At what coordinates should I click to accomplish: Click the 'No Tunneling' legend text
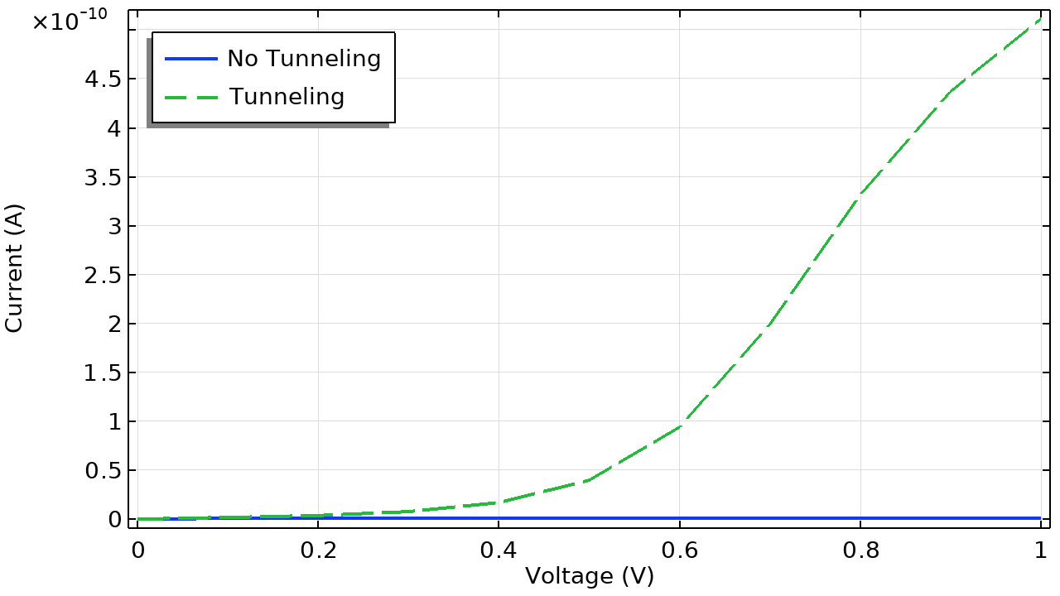304,59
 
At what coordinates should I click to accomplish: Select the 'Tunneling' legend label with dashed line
287,97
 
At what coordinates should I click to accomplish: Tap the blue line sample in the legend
190,59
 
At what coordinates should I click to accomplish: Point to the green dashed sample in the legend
190,97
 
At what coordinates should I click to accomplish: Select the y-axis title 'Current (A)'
14,268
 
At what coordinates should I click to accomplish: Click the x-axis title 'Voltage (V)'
590,576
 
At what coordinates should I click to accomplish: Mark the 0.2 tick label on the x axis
318,550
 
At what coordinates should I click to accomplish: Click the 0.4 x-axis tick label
499,550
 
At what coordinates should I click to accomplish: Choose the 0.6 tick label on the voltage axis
679,550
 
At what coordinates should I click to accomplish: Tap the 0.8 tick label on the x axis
860,550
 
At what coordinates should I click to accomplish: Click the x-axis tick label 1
1040,550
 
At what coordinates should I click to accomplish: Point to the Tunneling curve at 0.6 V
679,426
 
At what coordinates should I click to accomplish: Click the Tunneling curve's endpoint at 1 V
1040,19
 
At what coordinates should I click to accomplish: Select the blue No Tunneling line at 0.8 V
860,518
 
